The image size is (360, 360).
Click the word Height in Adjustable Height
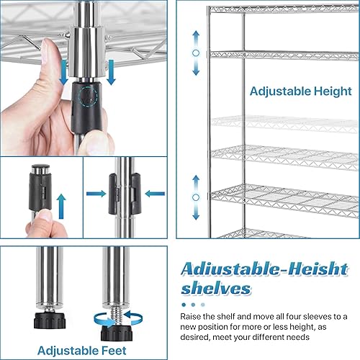pyautogui.click(x=316, y=91)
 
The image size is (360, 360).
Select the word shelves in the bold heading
pyautogui.click(x=215, y=289)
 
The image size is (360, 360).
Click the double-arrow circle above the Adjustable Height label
pyautogui.click(x=194, y=53)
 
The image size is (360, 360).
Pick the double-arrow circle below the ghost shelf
pyautogui.click(x=194, y=197)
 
